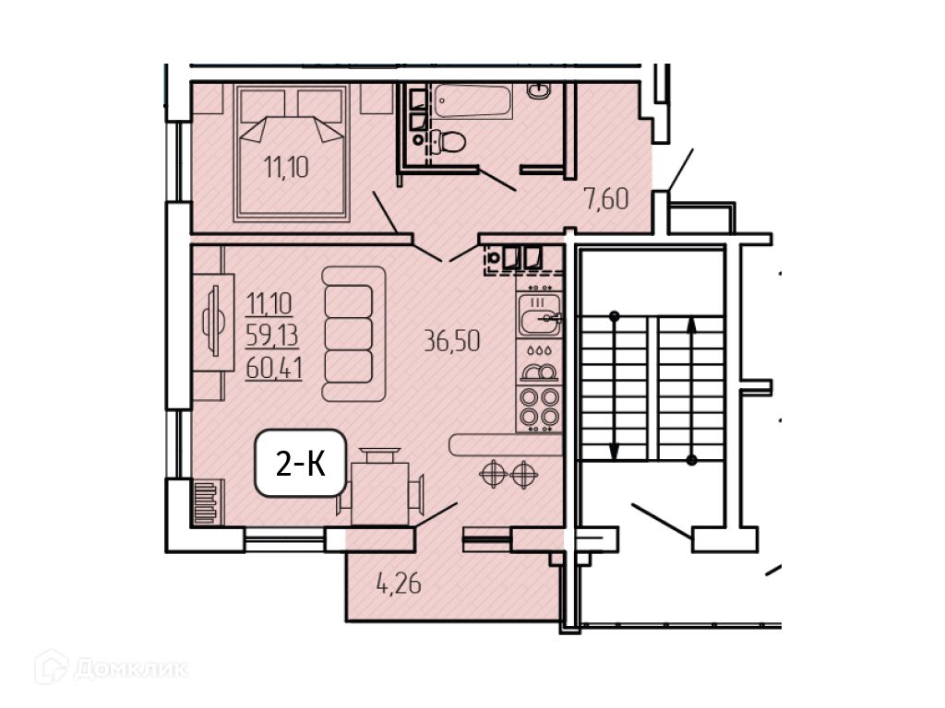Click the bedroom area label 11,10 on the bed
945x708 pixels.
point(286,167)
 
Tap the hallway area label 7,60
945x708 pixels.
point(605,199)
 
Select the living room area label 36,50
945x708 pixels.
point(452,341)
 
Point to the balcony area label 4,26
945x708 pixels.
point(399,584)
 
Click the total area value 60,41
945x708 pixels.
point(273,368)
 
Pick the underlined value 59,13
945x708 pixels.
point(272,336)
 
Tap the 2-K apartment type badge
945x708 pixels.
point(301,463)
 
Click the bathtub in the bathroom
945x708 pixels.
point(472,100)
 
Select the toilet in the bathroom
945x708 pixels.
point(449,142)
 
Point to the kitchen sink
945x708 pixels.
point(539,315)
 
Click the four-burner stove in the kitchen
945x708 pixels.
point(539,408)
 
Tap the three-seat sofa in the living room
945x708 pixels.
point(353,334)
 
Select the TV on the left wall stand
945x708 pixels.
point(213,321)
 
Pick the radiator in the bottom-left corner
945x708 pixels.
point(206,502)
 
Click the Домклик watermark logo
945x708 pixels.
point(111,667)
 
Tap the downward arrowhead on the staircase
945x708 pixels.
point(614,451)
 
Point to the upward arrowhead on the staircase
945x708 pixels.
point(692,325)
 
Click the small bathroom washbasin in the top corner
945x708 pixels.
point(538,91)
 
